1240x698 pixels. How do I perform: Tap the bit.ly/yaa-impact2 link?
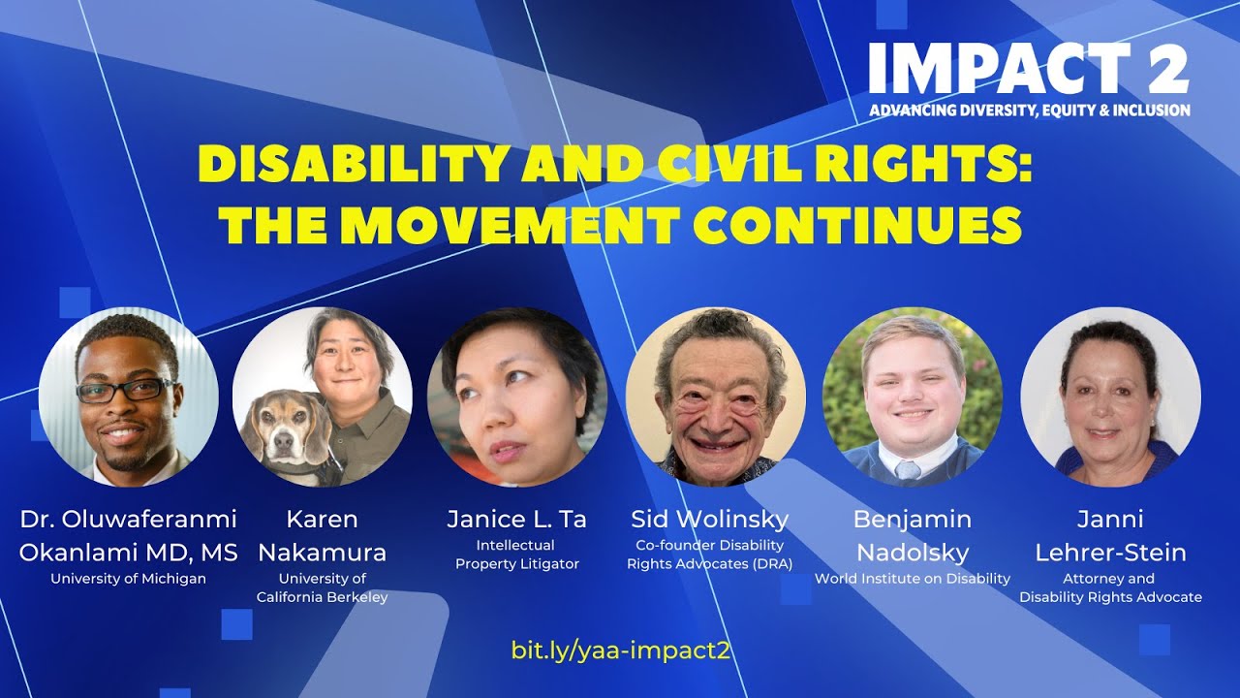pos(620,650)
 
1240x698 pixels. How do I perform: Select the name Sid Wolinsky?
pos(709,519)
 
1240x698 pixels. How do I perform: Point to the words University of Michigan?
pos(129,579)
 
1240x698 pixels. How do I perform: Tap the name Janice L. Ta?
pos(516,519)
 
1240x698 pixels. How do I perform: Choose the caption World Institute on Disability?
pos(912,579)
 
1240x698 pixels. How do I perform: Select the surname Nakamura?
pos(323,553)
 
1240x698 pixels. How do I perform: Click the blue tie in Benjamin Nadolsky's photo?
pos(907,471)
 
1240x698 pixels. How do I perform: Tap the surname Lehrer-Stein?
pos(1110,553)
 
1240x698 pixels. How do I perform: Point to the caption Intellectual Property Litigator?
pos(516,555)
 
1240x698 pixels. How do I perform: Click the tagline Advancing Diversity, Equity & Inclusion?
pos(1029,111)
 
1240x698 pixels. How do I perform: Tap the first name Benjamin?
pos(912,519)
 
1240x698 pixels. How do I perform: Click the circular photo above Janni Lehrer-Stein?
pos(1110,397)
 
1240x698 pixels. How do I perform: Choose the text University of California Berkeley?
pos(323,587)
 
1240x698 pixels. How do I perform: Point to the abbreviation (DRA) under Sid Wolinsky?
pos(765,563)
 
